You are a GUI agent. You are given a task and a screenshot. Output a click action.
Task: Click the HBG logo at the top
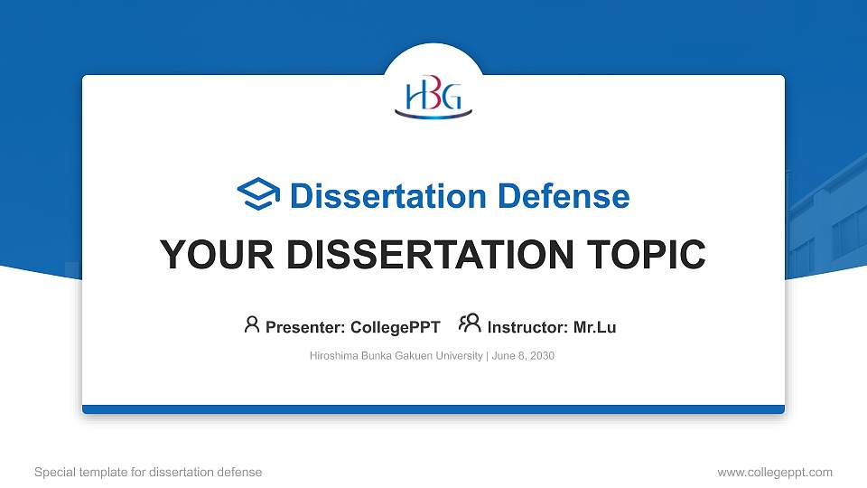[x=433, y=99]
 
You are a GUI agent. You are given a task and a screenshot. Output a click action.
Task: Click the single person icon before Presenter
[x=252, y=324]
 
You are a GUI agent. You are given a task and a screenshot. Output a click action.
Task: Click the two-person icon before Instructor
[x=470, y=324]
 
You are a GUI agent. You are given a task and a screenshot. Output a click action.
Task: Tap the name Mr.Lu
[x=594, y=327]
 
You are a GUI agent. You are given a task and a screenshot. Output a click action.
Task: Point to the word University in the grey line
[x=460, y=356]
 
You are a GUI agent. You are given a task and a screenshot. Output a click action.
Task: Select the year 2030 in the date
[x=542, y=356]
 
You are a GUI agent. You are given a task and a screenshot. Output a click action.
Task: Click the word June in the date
[x=503, y=356]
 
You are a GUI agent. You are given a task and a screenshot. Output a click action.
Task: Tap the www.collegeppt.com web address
[x=775, y=472]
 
